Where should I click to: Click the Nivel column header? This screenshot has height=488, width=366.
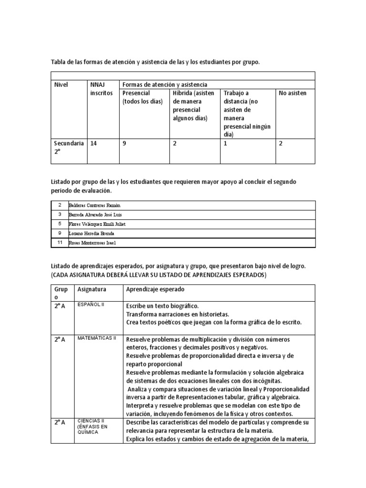(x=61, y=85)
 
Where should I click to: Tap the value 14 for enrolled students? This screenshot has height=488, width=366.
(x=94, y=143)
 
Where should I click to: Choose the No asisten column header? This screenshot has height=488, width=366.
(x=293, y=93)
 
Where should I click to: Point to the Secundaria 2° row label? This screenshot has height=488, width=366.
(x=69, y=147)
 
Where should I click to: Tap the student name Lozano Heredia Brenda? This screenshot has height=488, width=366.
(x=92, y=234)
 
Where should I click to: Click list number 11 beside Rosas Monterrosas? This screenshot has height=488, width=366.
(x=60, y=243)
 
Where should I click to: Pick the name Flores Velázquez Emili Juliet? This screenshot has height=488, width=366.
(x=98, y=224)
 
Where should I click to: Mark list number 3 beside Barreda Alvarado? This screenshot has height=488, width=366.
(x=60, y=214)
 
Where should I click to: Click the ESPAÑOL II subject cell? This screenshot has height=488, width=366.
(x=91, y=305)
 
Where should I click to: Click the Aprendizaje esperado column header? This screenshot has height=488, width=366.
(x=155, y=289)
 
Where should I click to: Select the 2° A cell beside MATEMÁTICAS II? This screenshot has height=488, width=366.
(x=60, y=339)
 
